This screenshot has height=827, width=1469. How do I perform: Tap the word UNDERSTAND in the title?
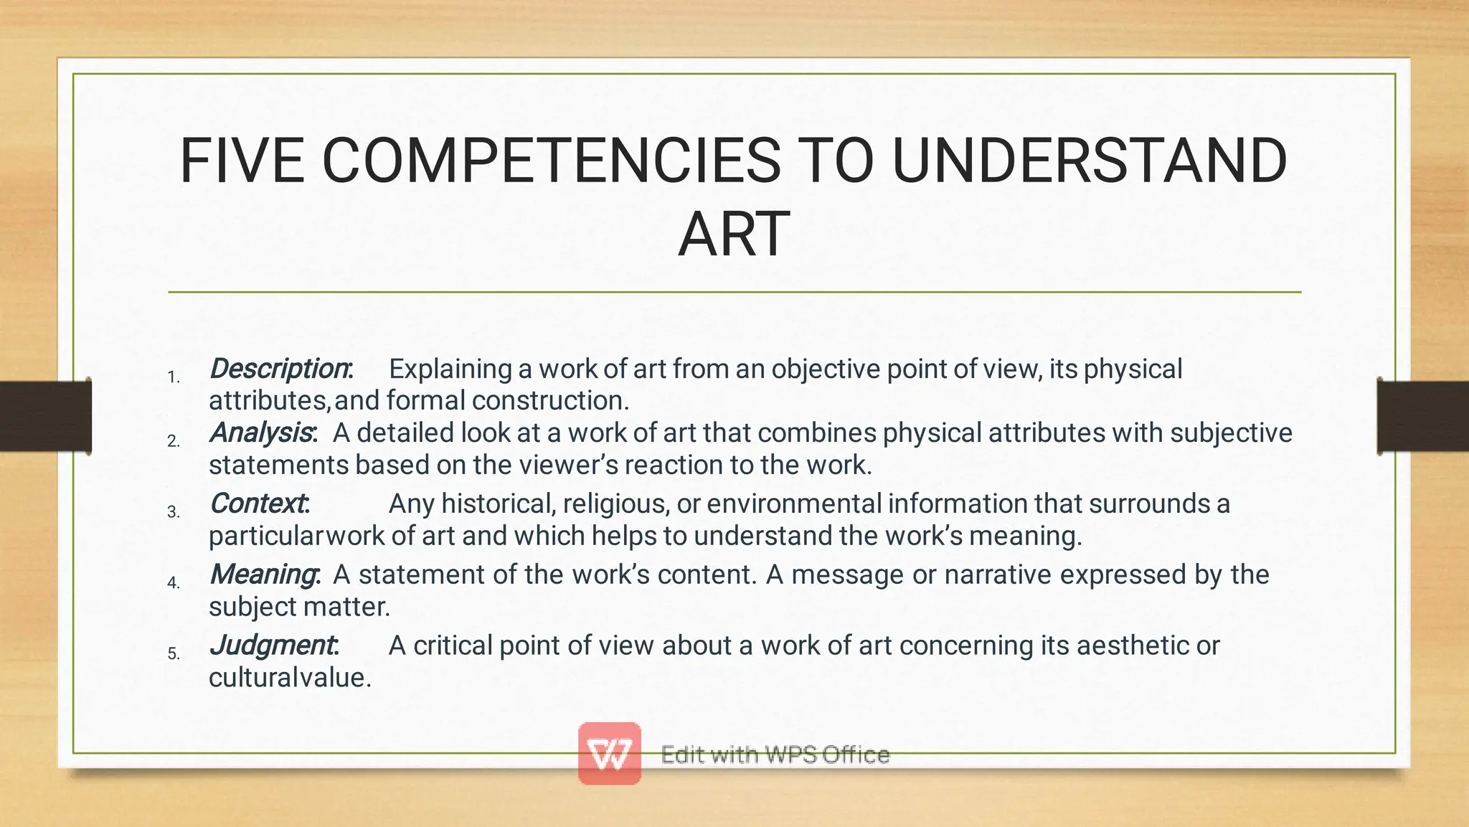coord(1090,161)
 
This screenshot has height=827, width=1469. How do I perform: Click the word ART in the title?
coord(734,235)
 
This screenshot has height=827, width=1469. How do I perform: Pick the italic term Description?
coord(278,369)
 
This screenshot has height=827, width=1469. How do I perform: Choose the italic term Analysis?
coord(261,433)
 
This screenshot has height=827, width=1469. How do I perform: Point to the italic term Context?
coord(258,504)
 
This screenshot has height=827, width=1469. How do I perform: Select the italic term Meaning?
coord(263,575)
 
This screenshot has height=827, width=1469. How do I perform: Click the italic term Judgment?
coord(272,646)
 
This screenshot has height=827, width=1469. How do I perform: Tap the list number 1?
coord(173,377)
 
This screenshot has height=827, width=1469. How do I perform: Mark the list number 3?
coord(173,512)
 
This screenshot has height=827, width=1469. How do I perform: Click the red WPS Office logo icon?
coord(610,753)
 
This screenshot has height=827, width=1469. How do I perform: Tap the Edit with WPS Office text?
coord(775,755)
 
